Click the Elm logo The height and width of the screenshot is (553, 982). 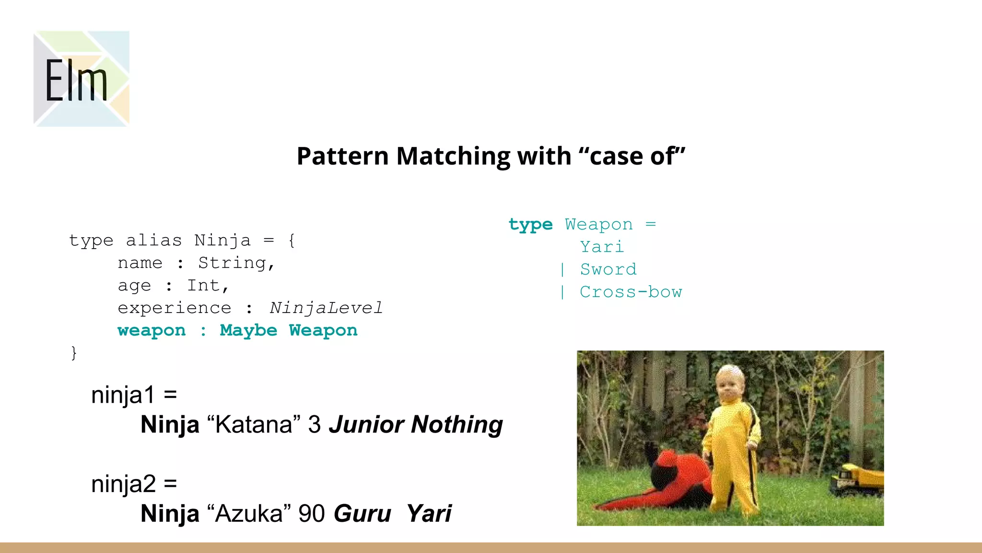point(81,79)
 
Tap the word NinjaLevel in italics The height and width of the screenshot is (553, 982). point(326,308)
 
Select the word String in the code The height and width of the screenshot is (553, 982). point(232,263)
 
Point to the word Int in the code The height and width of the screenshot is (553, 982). point(203,286)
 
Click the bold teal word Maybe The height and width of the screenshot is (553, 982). point(248,330)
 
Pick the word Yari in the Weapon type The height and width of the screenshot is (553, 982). point(602,247)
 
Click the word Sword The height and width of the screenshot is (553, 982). point(608,269)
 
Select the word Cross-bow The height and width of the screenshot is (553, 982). point(631,292)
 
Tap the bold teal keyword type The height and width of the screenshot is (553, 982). point(530,225)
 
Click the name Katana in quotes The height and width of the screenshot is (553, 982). point(254,424)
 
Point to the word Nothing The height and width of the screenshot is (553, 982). point(456,424)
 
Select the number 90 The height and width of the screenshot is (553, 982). point(312,513)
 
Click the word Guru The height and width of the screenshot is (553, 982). point(362,513)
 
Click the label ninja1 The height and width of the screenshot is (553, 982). point(123,395)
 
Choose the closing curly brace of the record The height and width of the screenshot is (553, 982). point(73,353)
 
